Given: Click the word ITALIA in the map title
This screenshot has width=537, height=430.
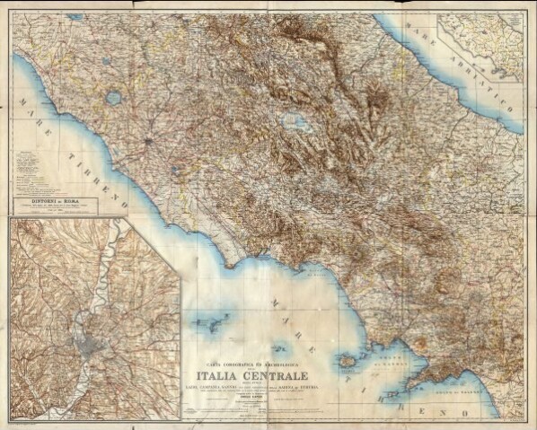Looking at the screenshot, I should click(216, 374).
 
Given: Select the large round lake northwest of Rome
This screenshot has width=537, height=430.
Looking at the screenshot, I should click(114, 97).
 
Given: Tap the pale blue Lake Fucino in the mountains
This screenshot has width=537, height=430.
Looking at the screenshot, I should click(292, 120).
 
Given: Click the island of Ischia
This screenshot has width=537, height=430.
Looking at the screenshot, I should click(347, 361).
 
